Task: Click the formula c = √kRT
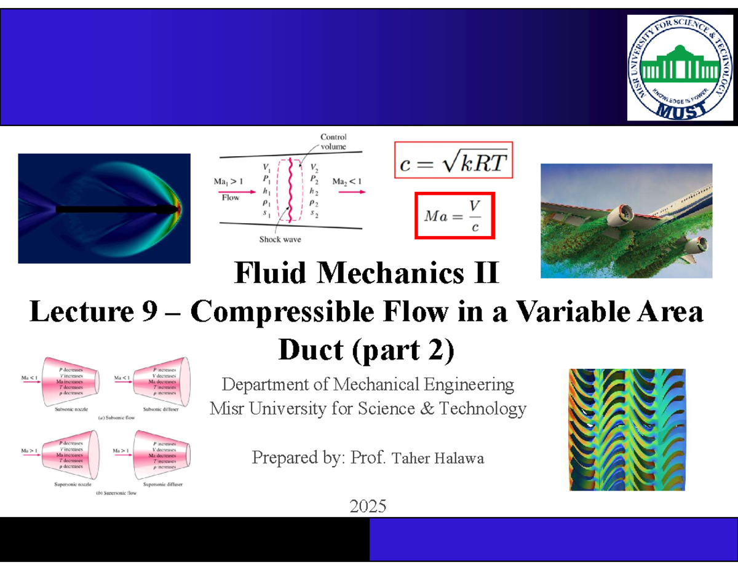pos(454,161)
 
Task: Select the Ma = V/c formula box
pos(454,215)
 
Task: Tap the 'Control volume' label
pos(333,142)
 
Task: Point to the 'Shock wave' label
pos(280,239)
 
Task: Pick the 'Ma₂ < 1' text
pos(347,181)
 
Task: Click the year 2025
pos(367,507)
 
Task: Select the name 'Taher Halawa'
pos(438,458)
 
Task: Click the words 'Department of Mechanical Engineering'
pos(367,386)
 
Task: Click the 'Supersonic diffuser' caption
pos(163,485)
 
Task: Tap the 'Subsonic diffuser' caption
pos(163,410)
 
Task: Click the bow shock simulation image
pos(104,208)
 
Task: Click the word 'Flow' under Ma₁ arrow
pos(230,198)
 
